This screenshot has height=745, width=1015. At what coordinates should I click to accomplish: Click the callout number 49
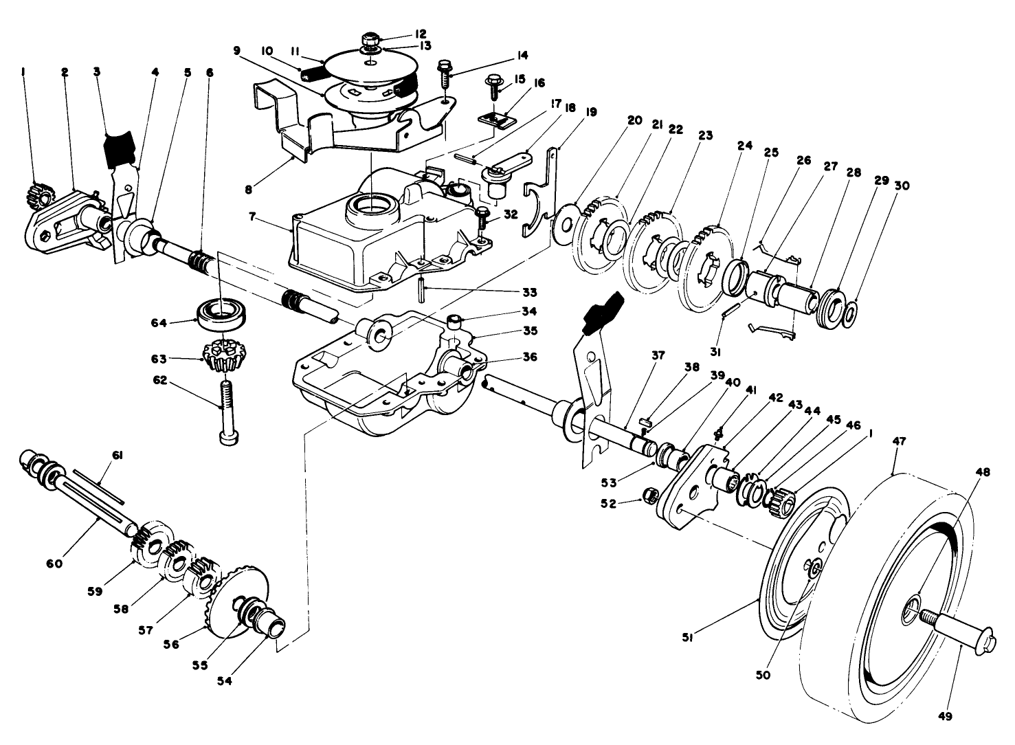coord(945,717)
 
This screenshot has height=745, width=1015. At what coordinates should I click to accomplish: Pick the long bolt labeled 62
coord(225,412)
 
